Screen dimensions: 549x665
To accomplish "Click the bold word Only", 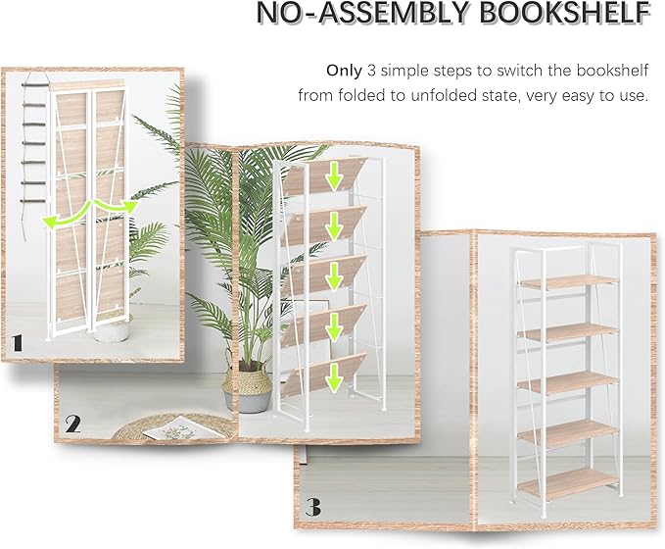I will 345,71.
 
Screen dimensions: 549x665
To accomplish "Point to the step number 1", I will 18,342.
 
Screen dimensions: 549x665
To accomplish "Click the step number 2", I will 73,424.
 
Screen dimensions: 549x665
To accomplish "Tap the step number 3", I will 312,508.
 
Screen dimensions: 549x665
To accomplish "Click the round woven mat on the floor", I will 166,426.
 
